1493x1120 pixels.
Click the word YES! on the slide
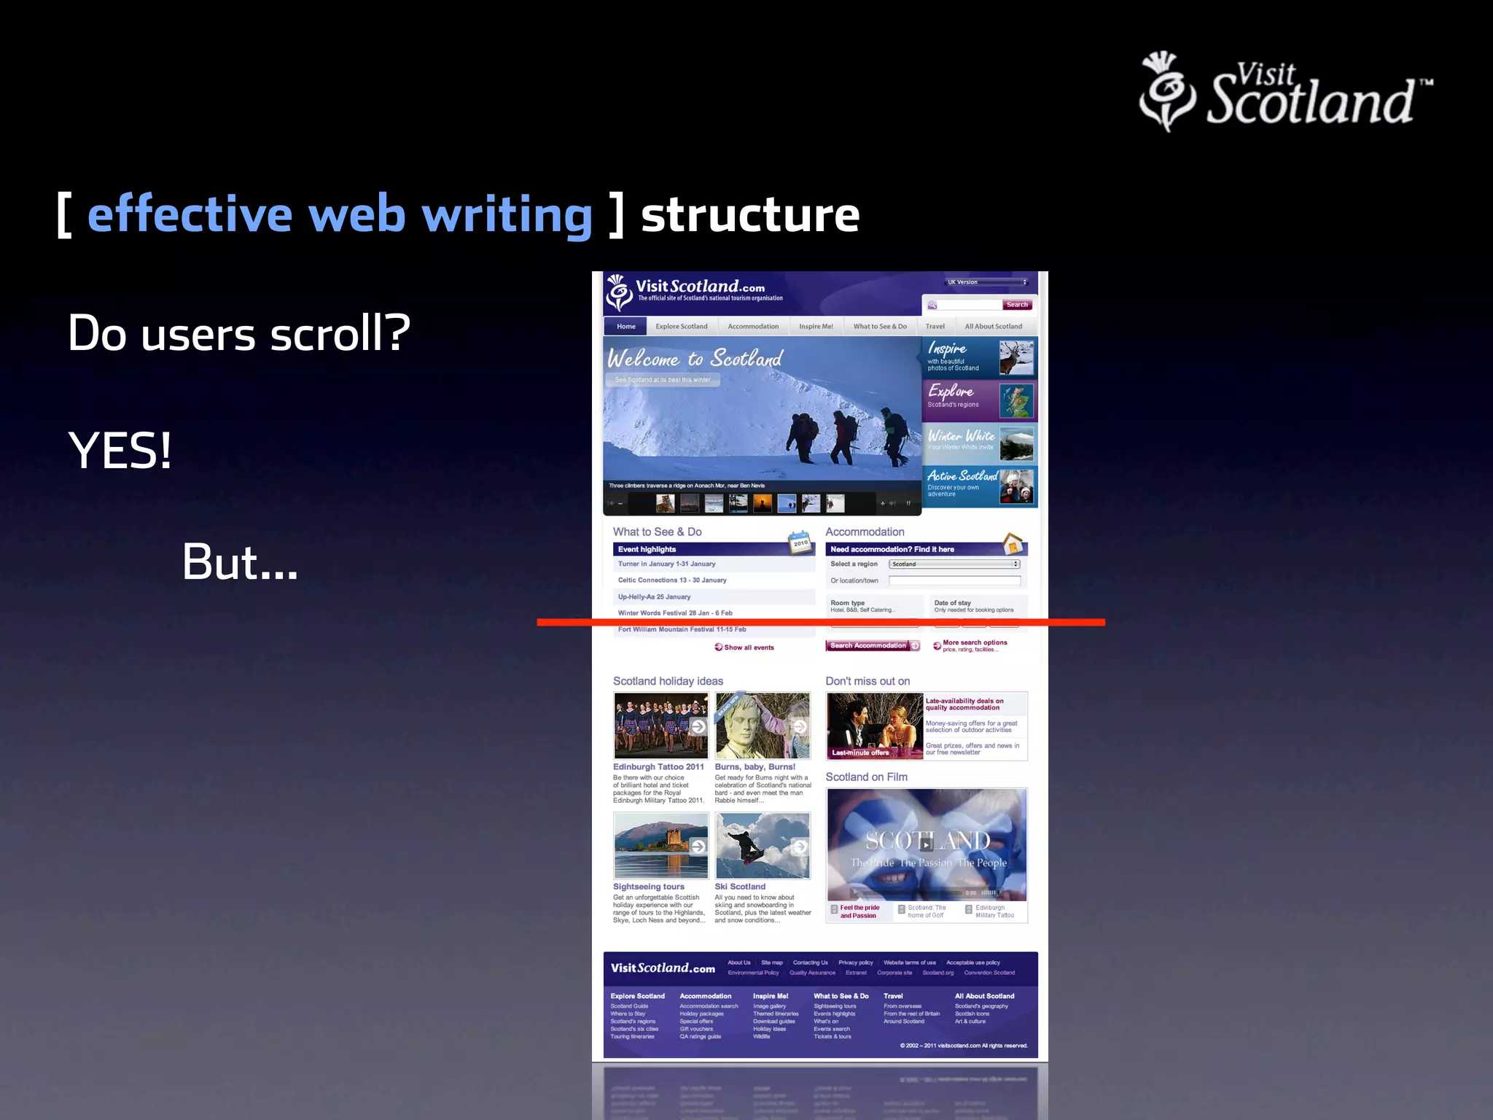click(x=120, y=451)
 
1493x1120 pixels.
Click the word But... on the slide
click(x=240, y=562)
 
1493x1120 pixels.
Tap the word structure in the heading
click(x=750, y=215)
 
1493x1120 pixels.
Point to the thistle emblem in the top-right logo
click(x=1167, y=90)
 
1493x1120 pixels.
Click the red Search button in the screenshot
click(x=1017, y=305)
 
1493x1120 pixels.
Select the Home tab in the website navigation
click(x=625, y=327)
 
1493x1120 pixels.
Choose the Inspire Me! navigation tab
click(x=816, y=327)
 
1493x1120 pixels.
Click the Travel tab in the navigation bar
click(x=935, y=327)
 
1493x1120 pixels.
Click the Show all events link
click(x=748, y=647)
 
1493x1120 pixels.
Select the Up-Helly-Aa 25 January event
click(x=654, y=596)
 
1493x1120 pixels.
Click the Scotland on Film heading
click(x=866, y=777)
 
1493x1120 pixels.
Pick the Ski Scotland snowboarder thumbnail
click(x=762, y=846)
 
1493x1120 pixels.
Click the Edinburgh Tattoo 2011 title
click(x=658, y=767)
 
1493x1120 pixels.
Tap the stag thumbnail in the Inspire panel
click(x=1016, y=357)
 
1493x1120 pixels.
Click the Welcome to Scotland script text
click(x=695, y=359)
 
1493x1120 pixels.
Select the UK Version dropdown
click(x=986, y=282)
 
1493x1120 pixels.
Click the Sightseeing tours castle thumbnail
click(x=660, y=846)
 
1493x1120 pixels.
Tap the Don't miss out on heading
click(x=868, y=681)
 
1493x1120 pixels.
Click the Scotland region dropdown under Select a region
click(x=954, y=564)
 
